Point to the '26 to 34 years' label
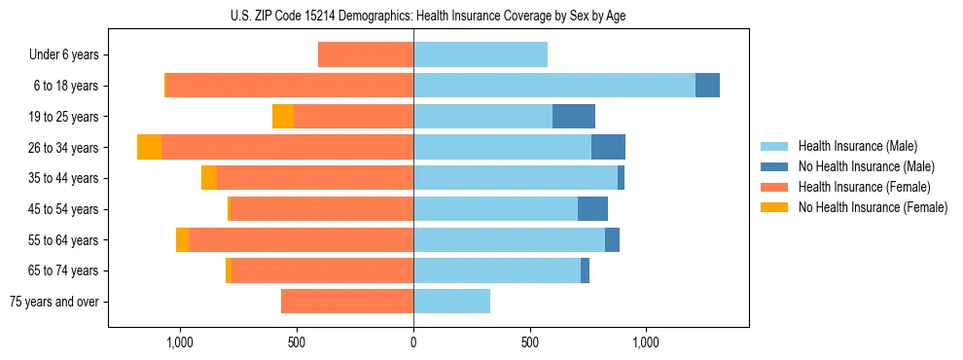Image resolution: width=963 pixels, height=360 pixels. [x=63, y=148]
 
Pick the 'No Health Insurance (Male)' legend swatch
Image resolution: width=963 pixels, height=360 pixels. [x=774, y=166]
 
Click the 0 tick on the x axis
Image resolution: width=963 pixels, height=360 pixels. [x=413, y=342]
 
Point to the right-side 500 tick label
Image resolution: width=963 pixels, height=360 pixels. [x=530, y=342]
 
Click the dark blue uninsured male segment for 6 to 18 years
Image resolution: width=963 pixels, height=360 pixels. [x=707, y=86]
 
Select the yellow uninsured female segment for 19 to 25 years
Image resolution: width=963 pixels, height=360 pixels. [x=283, y=117]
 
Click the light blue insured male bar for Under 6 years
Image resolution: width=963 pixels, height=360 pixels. [x=481, y=54]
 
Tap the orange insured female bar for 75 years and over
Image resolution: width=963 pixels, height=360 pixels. [x=347, y=302]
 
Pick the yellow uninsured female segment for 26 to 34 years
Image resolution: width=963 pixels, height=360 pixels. [x=149, y=147]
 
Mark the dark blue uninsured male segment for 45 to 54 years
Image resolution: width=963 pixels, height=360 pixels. [x=592, y=209]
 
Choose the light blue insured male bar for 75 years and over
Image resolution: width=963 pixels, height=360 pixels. [x=451, y=302]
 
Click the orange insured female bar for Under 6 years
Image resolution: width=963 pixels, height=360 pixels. [x=366, y=54]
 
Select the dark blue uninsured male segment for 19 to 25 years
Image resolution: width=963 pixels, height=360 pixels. [x=574, y=117]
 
